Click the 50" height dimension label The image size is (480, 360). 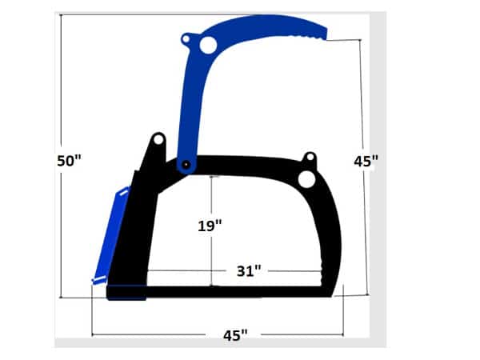[70, 161]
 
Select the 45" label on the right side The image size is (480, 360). [366, 161]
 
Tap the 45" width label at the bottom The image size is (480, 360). [234, 334]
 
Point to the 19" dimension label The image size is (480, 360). [210, 226]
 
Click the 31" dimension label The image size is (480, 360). [249, 270]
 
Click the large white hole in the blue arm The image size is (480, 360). [208, 46]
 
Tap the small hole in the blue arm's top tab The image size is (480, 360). [186, 38]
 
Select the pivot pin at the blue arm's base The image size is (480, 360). [186, 165]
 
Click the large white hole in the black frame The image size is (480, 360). [306, 180]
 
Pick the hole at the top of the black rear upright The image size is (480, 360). [158, 140]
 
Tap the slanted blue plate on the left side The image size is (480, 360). [110, 236]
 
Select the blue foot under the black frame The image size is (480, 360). [128, 298]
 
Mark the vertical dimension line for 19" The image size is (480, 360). [210, 256]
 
